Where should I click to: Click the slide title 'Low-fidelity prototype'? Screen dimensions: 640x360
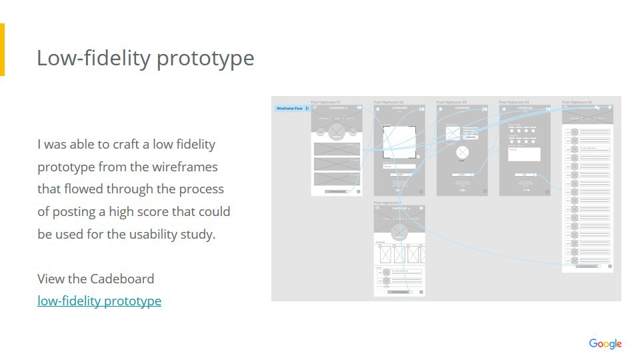click(145, 58)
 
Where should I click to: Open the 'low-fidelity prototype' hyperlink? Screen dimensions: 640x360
click(99, 301)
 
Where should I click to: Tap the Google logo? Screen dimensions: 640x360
click(605, 343)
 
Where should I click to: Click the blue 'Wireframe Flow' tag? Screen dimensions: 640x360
click(291, 108)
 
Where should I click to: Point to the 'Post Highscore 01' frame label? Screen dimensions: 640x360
click(326, 102)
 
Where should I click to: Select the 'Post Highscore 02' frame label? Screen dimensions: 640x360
click(389, 102)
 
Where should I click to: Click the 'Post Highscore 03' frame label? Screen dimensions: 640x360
click(451, 102)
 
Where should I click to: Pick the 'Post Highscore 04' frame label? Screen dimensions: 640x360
click(514, 102)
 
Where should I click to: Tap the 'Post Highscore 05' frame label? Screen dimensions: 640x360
click(577, 102)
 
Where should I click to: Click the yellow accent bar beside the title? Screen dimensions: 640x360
click(2, 50)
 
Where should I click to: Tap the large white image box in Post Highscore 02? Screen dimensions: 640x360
click(399, 141)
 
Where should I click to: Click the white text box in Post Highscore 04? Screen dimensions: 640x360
click(524, 154)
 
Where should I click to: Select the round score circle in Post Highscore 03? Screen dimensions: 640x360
click(461, 153)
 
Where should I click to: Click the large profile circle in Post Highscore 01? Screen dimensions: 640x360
click(337, 129)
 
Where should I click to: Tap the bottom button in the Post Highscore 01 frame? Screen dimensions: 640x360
click(335, 191)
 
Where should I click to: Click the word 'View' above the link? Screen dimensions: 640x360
click(51, 279)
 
